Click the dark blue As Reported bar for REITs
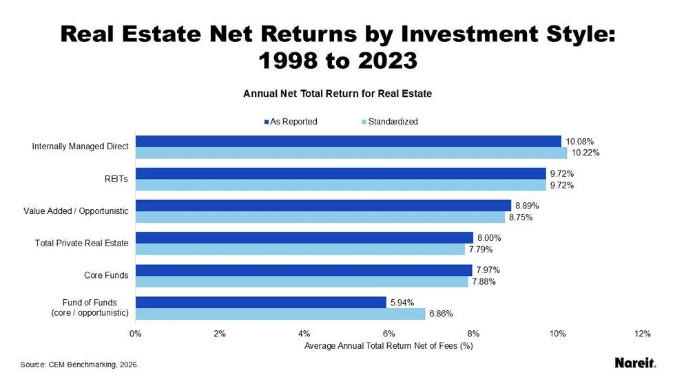340,173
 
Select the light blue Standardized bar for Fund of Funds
280,314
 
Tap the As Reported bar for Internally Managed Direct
348,141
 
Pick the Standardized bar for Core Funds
302,281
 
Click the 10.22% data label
585,153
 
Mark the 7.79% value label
483,250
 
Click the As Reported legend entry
289,122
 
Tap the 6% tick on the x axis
388,334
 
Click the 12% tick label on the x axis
642,334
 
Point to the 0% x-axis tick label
136,334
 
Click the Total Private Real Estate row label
82,243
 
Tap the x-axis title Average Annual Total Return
388,346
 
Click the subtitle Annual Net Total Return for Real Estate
337,94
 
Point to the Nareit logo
634,362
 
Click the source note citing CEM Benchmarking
79,364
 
